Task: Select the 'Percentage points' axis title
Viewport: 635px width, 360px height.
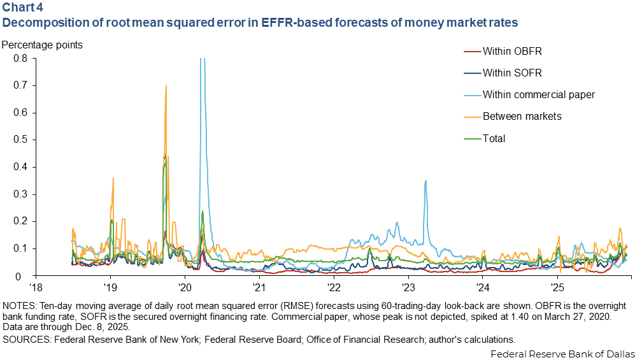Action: (x=42, y=46)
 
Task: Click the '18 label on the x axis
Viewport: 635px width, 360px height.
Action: (x=36, y=286)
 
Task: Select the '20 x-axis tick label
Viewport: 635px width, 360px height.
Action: (x=185, y=286)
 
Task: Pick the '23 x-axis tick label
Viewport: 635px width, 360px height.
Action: (x=408, y=286)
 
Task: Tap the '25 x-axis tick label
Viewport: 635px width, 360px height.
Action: (x=557, y=286)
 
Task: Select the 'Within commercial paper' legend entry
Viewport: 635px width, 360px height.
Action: (x=538, y=94)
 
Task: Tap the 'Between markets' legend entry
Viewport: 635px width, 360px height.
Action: (x=522, y=116)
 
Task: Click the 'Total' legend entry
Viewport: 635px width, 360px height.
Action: (x=494, y=138)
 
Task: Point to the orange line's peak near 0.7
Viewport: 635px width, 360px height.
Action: (x=166, y=85)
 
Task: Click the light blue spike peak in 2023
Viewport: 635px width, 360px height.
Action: (x=425, y=180)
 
